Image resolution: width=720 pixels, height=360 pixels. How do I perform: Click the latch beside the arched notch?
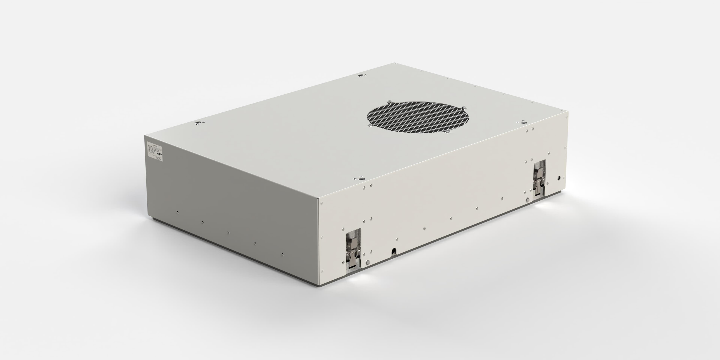353,249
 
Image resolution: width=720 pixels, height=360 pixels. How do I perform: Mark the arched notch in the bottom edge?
394,251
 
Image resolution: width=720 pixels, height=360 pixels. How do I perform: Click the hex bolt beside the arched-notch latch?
367,262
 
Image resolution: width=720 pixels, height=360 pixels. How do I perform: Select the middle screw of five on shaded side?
228,232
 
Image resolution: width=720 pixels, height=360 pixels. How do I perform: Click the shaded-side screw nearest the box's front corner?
283,254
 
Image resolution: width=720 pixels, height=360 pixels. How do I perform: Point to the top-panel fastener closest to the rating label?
198,123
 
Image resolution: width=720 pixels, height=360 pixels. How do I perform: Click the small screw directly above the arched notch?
397,239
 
